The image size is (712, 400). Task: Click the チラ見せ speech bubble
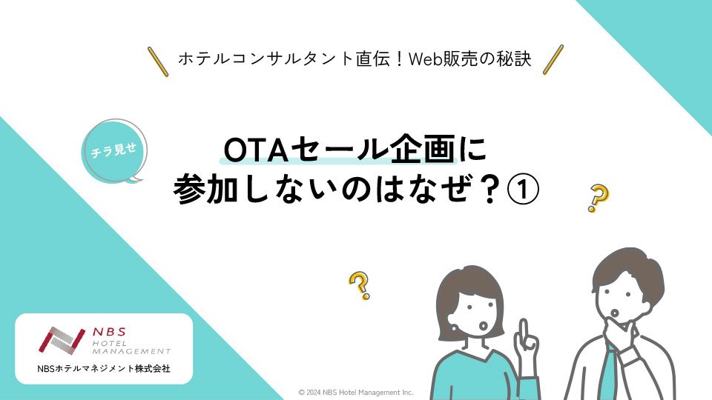[114, 151]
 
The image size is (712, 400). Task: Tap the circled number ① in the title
[523, 190]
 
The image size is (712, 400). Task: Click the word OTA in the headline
[257, 150]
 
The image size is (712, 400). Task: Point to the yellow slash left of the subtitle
[158, 61]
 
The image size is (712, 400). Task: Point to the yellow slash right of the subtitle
[553, 59]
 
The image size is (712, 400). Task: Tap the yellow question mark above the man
[598, 199]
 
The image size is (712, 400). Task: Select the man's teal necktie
[608, 372]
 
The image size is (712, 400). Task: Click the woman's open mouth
[484, 326]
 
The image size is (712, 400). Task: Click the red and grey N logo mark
[62, 340]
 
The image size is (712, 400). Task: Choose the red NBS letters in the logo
[109, 332]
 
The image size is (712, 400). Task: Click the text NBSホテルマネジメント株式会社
[104, 369]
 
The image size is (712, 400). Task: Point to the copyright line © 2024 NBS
[355, 393]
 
